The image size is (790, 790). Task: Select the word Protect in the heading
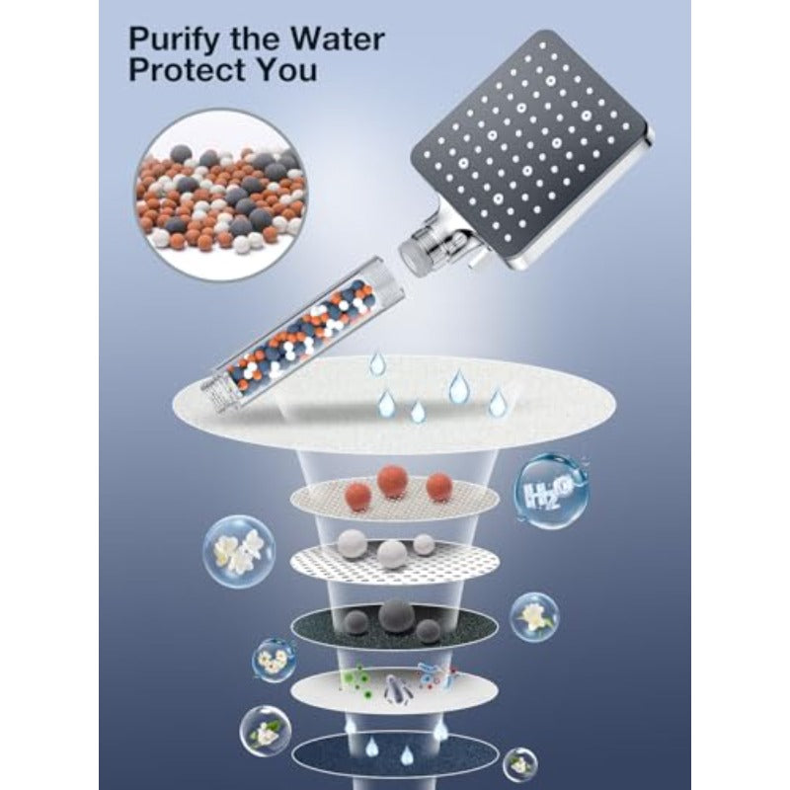pos(188,69)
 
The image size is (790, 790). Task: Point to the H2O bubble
pos(551,491)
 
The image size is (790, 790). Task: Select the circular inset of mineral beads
pos(220,195)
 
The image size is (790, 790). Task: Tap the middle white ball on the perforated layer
pos(392,554)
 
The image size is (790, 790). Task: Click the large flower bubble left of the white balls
pos(239,552)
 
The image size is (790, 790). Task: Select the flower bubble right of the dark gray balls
pos(534,616)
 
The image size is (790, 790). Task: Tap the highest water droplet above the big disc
pos(377,363)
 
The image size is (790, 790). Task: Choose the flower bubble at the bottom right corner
pos(520,764)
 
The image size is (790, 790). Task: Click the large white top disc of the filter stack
pos(393,404)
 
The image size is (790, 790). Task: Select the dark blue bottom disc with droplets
pos(395,756)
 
